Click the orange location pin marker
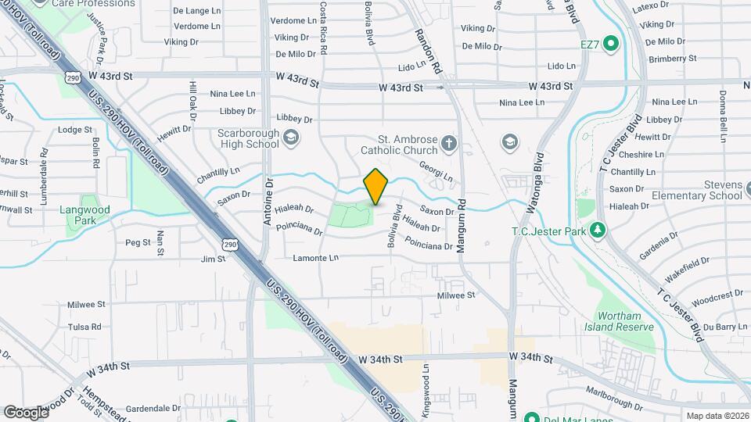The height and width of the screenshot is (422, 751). pos(376,187)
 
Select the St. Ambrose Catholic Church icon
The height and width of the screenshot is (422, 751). pos(448,142)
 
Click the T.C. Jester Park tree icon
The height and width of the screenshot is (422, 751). pos(598,230)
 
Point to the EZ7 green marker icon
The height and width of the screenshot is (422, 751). pos(612,44)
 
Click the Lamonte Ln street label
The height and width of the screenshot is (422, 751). pos(316,258)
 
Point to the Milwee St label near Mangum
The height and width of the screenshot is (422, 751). pos(456,295)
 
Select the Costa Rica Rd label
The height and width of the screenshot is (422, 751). pos(323,27)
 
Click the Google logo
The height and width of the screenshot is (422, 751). pos(26,412)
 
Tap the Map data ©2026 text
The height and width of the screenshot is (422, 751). pos(717,416)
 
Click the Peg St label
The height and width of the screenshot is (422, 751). pos(138,243)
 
